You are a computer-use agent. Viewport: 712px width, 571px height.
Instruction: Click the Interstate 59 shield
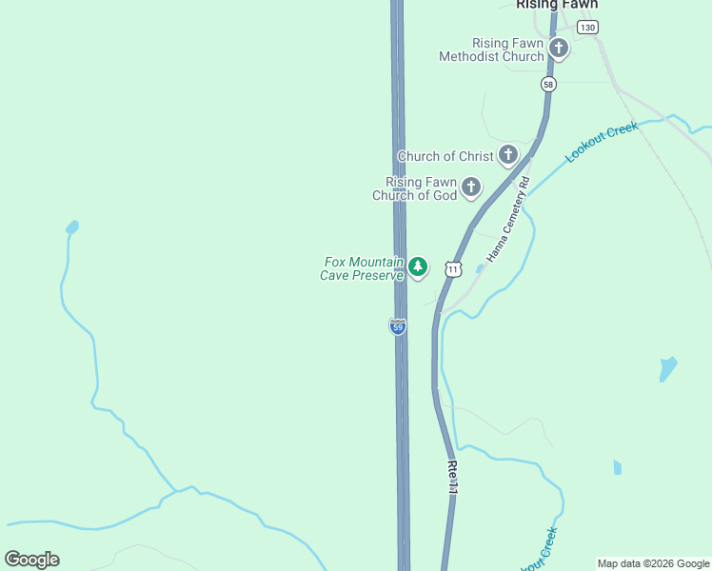[x=398, y=326]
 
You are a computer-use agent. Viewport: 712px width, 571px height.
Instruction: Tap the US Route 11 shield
[x=453, y=269]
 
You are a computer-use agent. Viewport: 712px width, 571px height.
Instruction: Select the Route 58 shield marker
[x=548, y=85]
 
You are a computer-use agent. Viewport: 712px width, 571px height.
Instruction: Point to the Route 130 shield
[x=587, y=28]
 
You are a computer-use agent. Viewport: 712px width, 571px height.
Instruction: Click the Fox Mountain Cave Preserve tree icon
[x=418, y=267]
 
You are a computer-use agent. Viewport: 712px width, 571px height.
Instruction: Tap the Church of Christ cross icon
[x=508, y=154]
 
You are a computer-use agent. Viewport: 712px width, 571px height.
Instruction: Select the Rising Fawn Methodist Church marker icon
[x=558, y=49]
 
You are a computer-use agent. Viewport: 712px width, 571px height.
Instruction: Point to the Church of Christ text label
[x=445, y=156]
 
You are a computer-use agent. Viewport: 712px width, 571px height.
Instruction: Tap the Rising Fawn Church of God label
[x=415, y=188]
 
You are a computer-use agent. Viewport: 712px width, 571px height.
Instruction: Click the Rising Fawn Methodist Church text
[x=491, y=49]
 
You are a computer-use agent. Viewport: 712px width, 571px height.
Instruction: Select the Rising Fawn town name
[x=557, y=5]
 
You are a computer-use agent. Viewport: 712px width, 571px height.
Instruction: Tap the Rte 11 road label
[x=452, y=476]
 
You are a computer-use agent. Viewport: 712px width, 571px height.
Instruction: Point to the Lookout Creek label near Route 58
[x=602, y=141]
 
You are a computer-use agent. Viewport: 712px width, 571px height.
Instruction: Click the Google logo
[x=31, y=560]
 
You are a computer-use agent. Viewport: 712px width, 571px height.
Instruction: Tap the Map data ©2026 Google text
[x=653, y=563]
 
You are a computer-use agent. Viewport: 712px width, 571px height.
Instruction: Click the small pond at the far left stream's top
[x=71, y=227]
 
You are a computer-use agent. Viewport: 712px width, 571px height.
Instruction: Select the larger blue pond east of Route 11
[x=668, y=368]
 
